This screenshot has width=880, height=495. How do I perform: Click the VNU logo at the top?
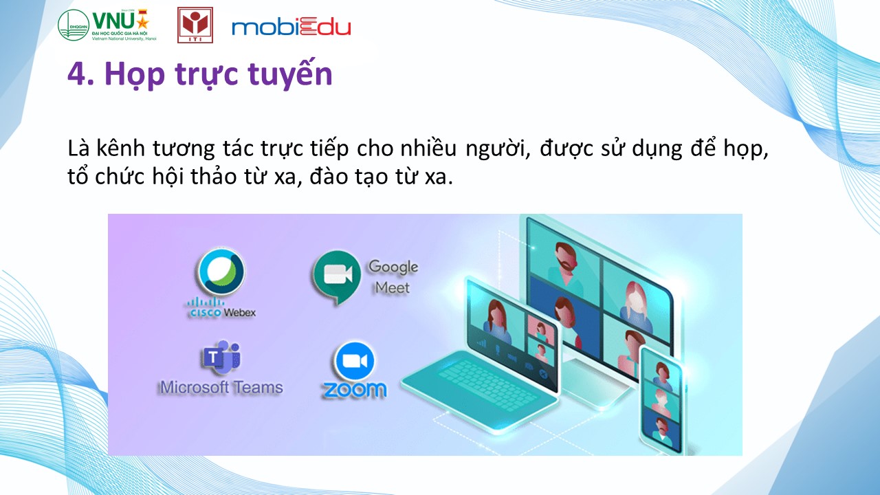pyautogui.click(x=107, y=25)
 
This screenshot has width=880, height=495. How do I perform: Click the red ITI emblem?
pyautogui.click(x=195, y=25)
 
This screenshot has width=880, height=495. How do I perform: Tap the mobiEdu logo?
pyautogui.click(x=291, y=27)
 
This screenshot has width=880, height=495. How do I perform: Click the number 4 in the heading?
pyautogui.click(x=76, y=74)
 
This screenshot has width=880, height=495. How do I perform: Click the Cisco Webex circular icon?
pyautogui.click(x=221, y=272)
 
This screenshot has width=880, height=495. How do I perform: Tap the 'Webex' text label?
pyautogui.click(x=240, y=313)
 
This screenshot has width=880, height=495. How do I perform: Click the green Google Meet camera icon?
pyautogui.click(x=338, y=276)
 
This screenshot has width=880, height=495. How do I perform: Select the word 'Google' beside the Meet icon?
pyautogui.click(x=393, y=267)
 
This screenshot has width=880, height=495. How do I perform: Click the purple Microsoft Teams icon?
pyautogui.click(x=221, y=357)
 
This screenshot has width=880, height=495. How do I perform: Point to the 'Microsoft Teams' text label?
pyautogui.click(x=221, y=387)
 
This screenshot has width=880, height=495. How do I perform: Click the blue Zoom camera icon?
pyautogui.click(x=355, y=361)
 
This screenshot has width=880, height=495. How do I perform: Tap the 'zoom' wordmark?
pyautogui.click(x=355, y=389)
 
